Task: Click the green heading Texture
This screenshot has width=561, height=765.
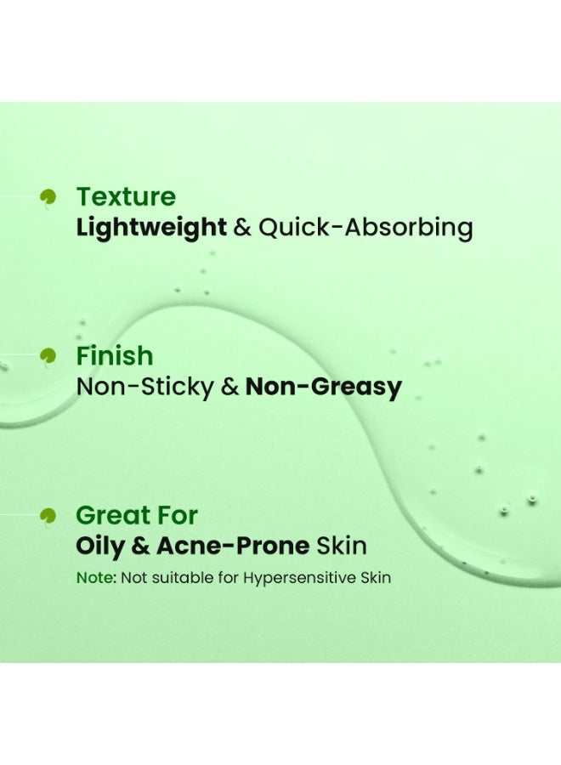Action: [126, 197]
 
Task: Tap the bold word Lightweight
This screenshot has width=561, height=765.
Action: [151, 228]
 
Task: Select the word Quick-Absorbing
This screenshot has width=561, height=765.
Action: [365, 228]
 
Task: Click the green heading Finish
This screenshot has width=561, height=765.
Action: [115, 356]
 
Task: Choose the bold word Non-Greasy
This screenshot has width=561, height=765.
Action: [323, 388]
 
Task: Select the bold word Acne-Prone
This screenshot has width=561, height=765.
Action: [227, 546]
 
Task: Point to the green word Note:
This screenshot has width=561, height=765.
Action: [96, 578]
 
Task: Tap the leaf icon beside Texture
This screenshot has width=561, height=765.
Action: [48, 197]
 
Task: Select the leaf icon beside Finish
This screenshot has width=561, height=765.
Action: [48, 356]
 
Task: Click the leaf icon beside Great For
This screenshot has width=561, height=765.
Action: [48, 515]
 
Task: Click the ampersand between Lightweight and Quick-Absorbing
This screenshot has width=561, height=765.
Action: [242, 228]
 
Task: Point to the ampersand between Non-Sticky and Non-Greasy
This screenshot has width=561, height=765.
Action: [229, 388]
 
